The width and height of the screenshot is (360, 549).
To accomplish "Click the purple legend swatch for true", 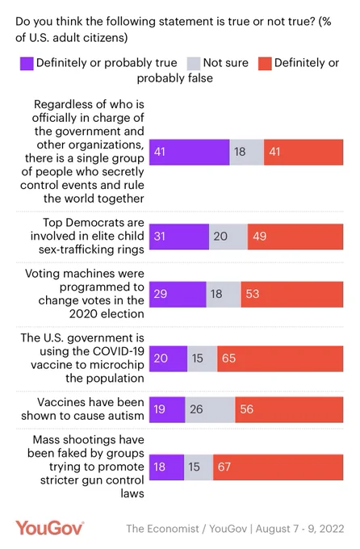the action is click(x=27, y=64).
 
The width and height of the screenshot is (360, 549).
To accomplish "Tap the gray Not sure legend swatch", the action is click(x=194, y=64).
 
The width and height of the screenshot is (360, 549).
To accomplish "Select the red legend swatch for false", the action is click(x=265, y=64).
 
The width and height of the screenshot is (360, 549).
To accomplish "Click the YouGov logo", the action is click(x=49, y=528).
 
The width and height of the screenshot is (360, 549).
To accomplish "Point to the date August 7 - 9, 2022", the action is click(x=299, y=529).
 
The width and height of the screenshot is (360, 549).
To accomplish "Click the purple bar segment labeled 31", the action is click(x=179, y=237).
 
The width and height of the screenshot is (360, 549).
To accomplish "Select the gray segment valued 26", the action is click(x=210, y=409).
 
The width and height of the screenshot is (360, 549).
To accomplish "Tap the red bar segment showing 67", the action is click(x=278, y=467).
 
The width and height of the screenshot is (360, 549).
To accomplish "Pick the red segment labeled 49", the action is click(x=295, y=237).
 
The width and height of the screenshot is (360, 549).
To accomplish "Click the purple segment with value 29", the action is click(x=178, y=295).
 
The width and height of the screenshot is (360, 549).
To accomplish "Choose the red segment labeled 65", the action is click(x=280, y=359).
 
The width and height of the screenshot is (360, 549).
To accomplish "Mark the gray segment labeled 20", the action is click(x=228, y=237).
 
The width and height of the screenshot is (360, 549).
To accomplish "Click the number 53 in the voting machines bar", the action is click(x=252, y=294).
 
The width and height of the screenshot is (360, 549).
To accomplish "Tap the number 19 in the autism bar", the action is click(x=159, y=409).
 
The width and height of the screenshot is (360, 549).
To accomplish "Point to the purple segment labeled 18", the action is click(x=167, y=467).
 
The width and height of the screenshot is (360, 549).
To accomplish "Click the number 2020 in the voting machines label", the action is click(x=83, y=314).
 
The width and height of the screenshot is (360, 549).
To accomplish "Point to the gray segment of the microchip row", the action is click(x=202, y=359).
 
